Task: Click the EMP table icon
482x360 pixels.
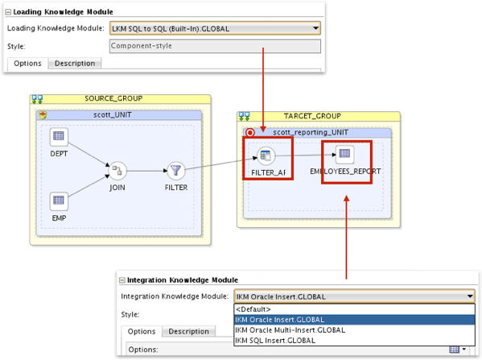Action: pos(59,200)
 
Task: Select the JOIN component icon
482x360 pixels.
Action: pos(117,169)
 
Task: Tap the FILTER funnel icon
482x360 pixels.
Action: pos(176,170)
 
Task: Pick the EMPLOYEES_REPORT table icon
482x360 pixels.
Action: pos(344,153)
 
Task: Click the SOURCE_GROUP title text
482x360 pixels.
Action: pos(113,99)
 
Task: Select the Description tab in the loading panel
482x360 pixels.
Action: pos(74,63)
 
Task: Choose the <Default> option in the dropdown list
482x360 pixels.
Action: pos(253,308)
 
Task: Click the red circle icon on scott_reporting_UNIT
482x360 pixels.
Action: pos(249,131)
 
